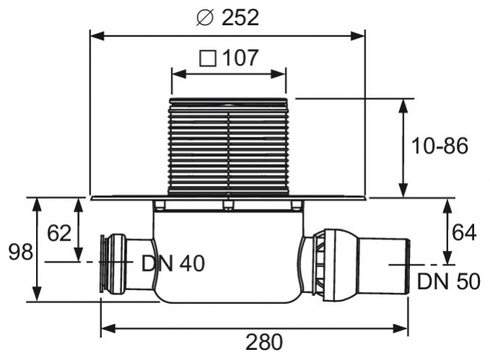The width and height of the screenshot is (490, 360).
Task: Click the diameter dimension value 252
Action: [x=237, y=18]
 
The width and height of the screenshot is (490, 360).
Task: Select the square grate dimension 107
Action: [x=240, y=58]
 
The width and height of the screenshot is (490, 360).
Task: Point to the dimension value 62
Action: [x=59, y=233]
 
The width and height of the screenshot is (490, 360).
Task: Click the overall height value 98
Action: [x=18, y=252]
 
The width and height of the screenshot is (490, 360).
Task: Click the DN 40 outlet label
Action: [x=173, y=264]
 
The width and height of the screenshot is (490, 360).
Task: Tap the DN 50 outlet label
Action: [x=447, y=281]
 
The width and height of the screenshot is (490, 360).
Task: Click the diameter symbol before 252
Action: [x=204, y=18]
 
